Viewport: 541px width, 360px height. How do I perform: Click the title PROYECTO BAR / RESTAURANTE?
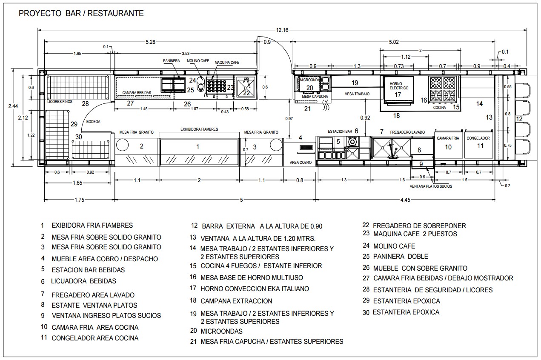click(81, 14)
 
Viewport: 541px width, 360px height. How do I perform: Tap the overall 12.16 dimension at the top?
click(282, 30)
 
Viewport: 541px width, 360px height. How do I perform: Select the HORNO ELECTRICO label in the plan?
click(399, 86)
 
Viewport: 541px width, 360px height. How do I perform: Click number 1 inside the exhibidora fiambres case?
click(198, 147)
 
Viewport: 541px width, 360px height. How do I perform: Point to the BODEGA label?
click(93, 122)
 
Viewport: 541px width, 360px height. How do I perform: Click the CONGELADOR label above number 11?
click(478, 138)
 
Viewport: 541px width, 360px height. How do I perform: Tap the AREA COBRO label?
click(301, 163)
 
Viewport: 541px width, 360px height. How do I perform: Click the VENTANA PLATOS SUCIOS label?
click(431, 186)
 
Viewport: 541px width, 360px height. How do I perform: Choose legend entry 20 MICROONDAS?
click(221, 331)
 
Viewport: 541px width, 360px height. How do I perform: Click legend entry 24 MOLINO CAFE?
click(394, 246)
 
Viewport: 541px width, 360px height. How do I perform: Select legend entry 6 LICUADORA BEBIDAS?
click(83, 281)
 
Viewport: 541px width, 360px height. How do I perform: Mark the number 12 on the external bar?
click(519, 119)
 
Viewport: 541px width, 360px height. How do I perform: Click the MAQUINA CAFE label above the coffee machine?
click(226, 63)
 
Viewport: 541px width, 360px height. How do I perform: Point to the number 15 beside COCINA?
click(456, 107)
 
